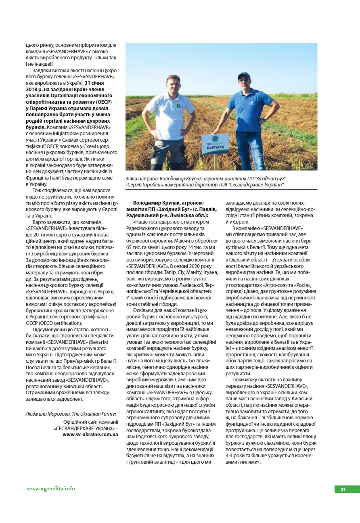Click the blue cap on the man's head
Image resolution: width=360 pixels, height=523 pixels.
point(244,75)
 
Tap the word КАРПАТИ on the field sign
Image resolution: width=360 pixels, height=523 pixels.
point(215,148)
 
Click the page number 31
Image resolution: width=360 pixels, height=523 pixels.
point(343,489)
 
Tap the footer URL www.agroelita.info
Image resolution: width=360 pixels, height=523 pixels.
point(51,488)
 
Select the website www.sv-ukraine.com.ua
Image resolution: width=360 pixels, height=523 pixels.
point(90,435)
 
